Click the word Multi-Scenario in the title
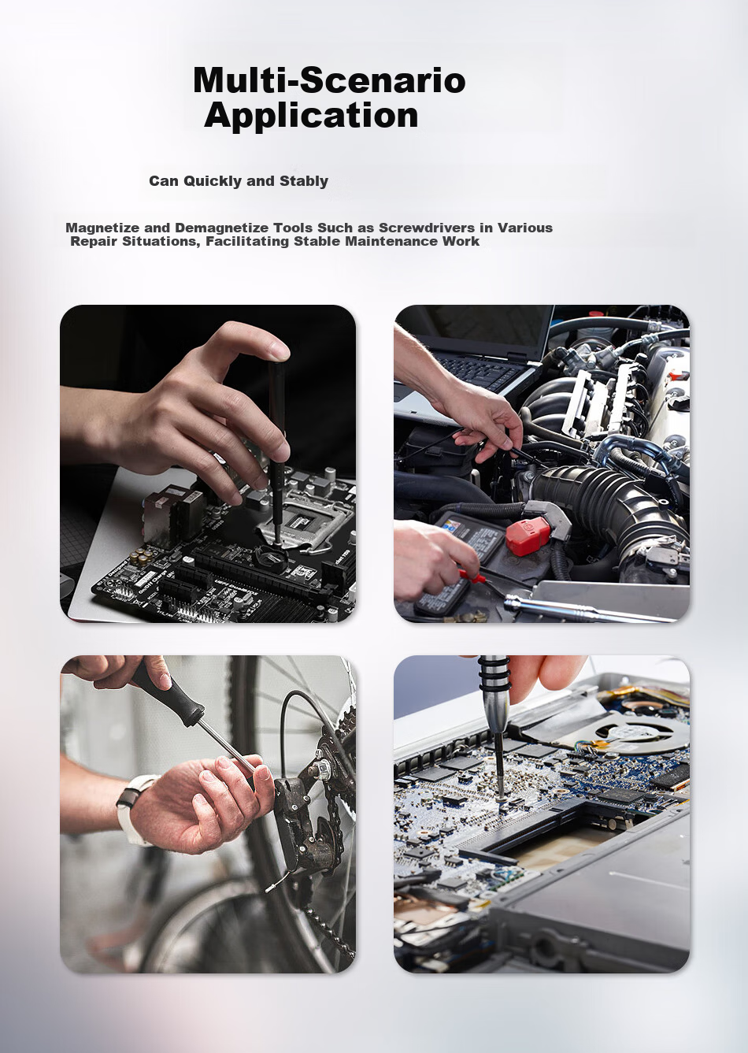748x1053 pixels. pyautogui.click(x=329, y=80)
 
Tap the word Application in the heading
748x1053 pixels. pyautogui.click(x=311, y=116)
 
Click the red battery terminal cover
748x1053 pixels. pyautogui.click(x=528, y=537)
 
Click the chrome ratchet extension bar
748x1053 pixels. pyautogui.click(x=587, y=608)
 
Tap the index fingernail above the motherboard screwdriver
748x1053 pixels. pyautogui.click(x=280, y=350)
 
